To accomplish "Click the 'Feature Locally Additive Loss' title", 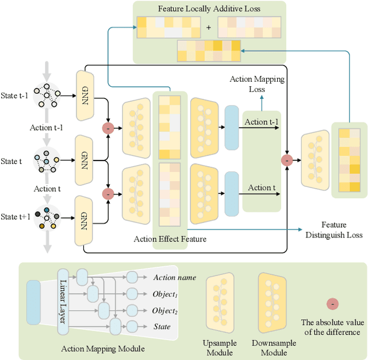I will pyautogui.click(x=209, y=9).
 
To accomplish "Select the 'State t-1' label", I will pyautogui.click(x=14, y=95).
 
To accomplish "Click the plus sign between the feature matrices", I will pyautogui.click(x=208, y=27).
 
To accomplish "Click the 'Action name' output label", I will pyautogui.click(x=174, y=277).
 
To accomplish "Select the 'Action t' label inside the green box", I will pyautogui.click(x=261, y=187).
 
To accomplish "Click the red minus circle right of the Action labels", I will pyautogui.click(x=287, y=160).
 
